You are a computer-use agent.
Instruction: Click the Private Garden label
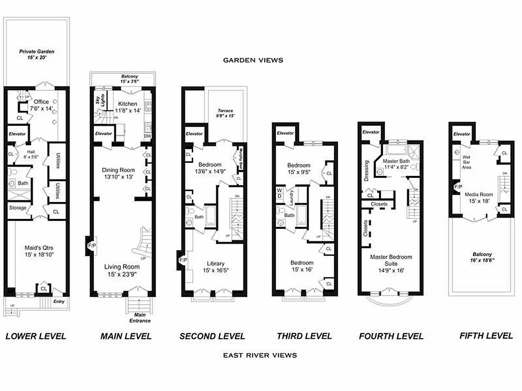(x=37, y=54)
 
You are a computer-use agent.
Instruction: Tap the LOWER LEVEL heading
(x=35, y=336)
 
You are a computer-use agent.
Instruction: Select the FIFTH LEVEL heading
(x=486, y=336)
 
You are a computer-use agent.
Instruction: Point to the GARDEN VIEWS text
(x=253, y=60)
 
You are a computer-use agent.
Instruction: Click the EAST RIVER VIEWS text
(x=260, y=355)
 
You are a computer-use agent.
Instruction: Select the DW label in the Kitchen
(x=148, y=136)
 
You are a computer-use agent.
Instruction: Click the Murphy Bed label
(x=241, y=159)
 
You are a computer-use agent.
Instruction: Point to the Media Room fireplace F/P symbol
(x=458, y=187)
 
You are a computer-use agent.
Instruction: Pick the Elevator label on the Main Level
(x=104, y=133)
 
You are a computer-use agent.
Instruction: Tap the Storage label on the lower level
(x=18, y=208)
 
